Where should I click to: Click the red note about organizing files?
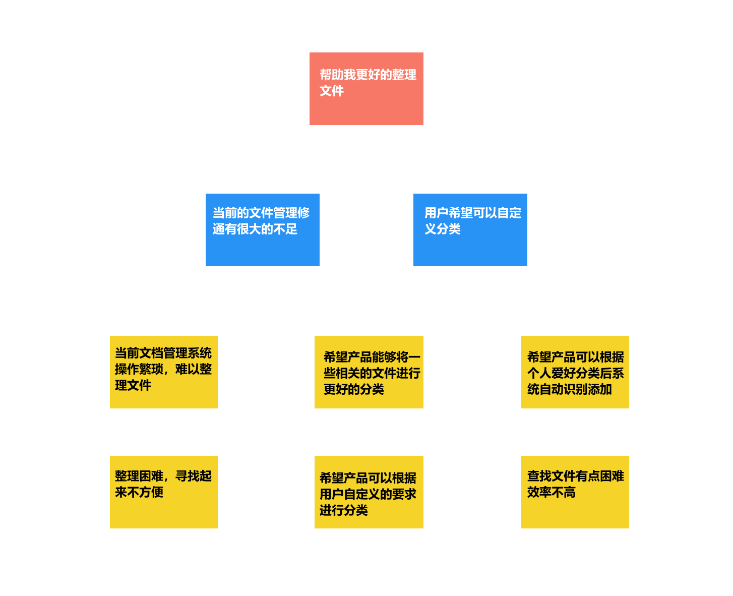pyautogui.click(x=366, y=89)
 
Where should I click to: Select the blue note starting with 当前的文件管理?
pyautogui.click(x=262, y=230)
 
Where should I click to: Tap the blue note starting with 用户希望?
pyautogui.click(x=470, y=230)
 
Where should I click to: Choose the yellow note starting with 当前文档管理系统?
pyautogui.click(x=163, y=372)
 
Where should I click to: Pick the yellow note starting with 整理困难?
pyautogui.click(x=163, y=492)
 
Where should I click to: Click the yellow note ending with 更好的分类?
pyautogui.click(x=369, y=372)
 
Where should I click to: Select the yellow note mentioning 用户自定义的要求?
pyautogui.click(x=369, y=492)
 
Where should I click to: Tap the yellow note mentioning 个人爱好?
pyautogui.click(x=575, y=372)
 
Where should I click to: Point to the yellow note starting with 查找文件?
pyautogui.click(x=575, y=492)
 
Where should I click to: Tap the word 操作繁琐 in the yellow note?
pyautogui.click(x=139, y=369)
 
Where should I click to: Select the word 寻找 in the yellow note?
pyautogui.click(x=187, y=476)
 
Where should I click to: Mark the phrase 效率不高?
pyautogui.click(x=551, y=492)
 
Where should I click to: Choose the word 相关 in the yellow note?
pyautogui.click(x=347, y=373)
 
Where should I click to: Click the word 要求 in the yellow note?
pyautogui.click(x=404, y=494)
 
